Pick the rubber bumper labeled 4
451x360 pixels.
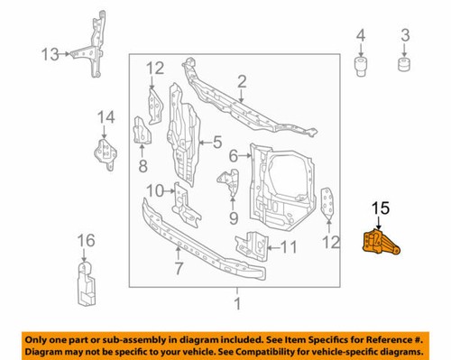point(361,67)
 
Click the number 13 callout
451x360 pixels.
point(51,54)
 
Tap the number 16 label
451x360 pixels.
point(85,239)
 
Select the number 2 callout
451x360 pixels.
point(241,85)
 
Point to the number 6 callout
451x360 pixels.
point(234,155)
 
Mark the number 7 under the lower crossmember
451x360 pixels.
point(178,268)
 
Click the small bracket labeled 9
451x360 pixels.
point(230,187)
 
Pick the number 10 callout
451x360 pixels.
point(154,189)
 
